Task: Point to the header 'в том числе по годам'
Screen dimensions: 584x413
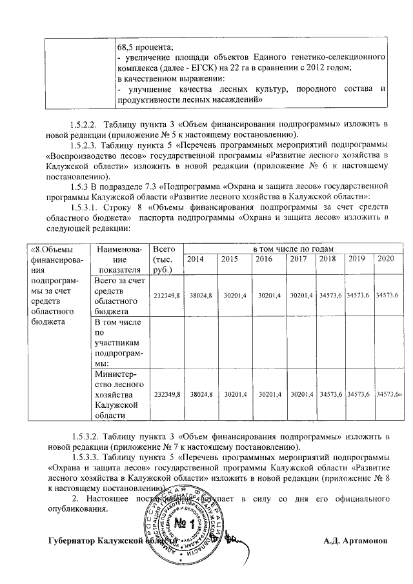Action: pyautogui.click(x=292, y=249)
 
